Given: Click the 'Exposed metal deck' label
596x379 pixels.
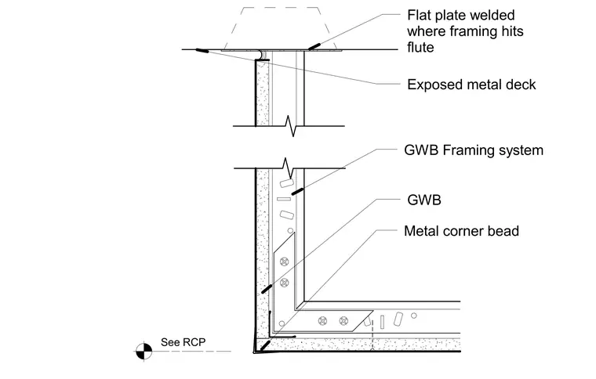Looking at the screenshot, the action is coord(471,85).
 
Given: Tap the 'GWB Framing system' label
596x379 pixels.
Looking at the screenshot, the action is coord(474,150).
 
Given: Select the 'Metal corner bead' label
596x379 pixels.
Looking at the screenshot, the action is coord(461,231).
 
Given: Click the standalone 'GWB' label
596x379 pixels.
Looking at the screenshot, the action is coord(423,200).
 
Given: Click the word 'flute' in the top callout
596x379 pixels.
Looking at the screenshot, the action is coord(420,48).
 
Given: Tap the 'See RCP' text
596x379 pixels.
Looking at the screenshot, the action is coord(184,342).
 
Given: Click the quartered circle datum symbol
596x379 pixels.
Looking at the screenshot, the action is coord(144,351).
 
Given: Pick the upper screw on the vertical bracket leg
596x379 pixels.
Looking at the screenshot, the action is coord(284,262).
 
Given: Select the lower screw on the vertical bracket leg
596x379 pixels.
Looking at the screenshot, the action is coord(284,283).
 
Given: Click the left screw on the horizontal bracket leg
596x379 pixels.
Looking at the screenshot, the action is coord(322,321).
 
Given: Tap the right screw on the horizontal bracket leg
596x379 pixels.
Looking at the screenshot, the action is coord(343,321).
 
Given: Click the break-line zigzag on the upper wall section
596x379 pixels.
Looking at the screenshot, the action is coord(291,126).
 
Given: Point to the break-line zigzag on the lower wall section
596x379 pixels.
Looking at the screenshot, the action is coord(289,168).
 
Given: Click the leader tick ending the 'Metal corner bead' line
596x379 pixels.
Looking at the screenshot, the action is coord(265,345).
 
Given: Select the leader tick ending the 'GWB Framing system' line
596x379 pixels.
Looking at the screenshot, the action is coord(297,191).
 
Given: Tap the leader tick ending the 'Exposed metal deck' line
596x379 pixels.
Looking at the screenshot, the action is coord(202,50).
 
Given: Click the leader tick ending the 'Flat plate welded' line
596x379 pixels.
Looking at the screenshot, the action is coord(314,46).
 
